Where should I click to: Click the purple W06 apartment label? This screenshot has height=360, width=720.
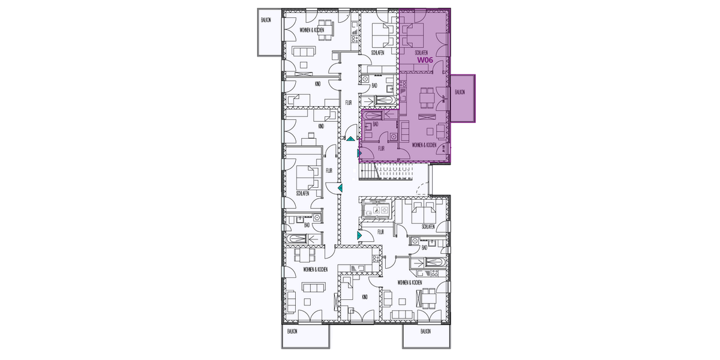[425, 60]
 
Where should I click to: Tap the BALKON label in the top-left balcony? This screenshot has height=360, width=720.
[266, 20]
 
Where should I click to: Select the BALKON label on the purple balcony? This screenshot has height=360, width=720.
[460, 92]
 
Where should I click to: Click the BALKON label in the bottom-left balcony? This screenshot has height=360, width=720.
[292, 331]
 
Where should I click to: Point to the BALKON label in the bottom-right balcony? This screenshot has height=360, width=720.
[425, 331]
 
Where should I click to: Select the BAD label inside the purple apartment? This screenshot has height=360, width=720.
[376, 124]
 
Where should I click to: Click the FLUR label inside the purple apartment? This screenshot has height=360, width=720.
[381, 147]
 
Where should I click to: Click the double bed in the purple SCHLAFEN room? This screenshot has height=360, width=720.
[414, 37]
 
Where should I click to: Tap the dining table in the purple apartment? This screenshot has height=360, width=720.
[427, 95]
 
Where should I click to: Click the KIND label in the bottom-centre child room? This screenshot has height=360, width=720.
[365, 297]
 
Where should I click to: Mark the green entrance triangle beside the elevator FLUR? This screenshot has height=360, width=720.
[359, 236]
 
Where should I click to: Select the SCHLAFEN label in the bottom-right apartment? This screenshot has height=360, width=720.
[428, 227]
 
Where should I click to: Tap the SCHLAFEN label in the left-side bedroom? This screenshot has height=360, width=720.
[303, 193]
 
